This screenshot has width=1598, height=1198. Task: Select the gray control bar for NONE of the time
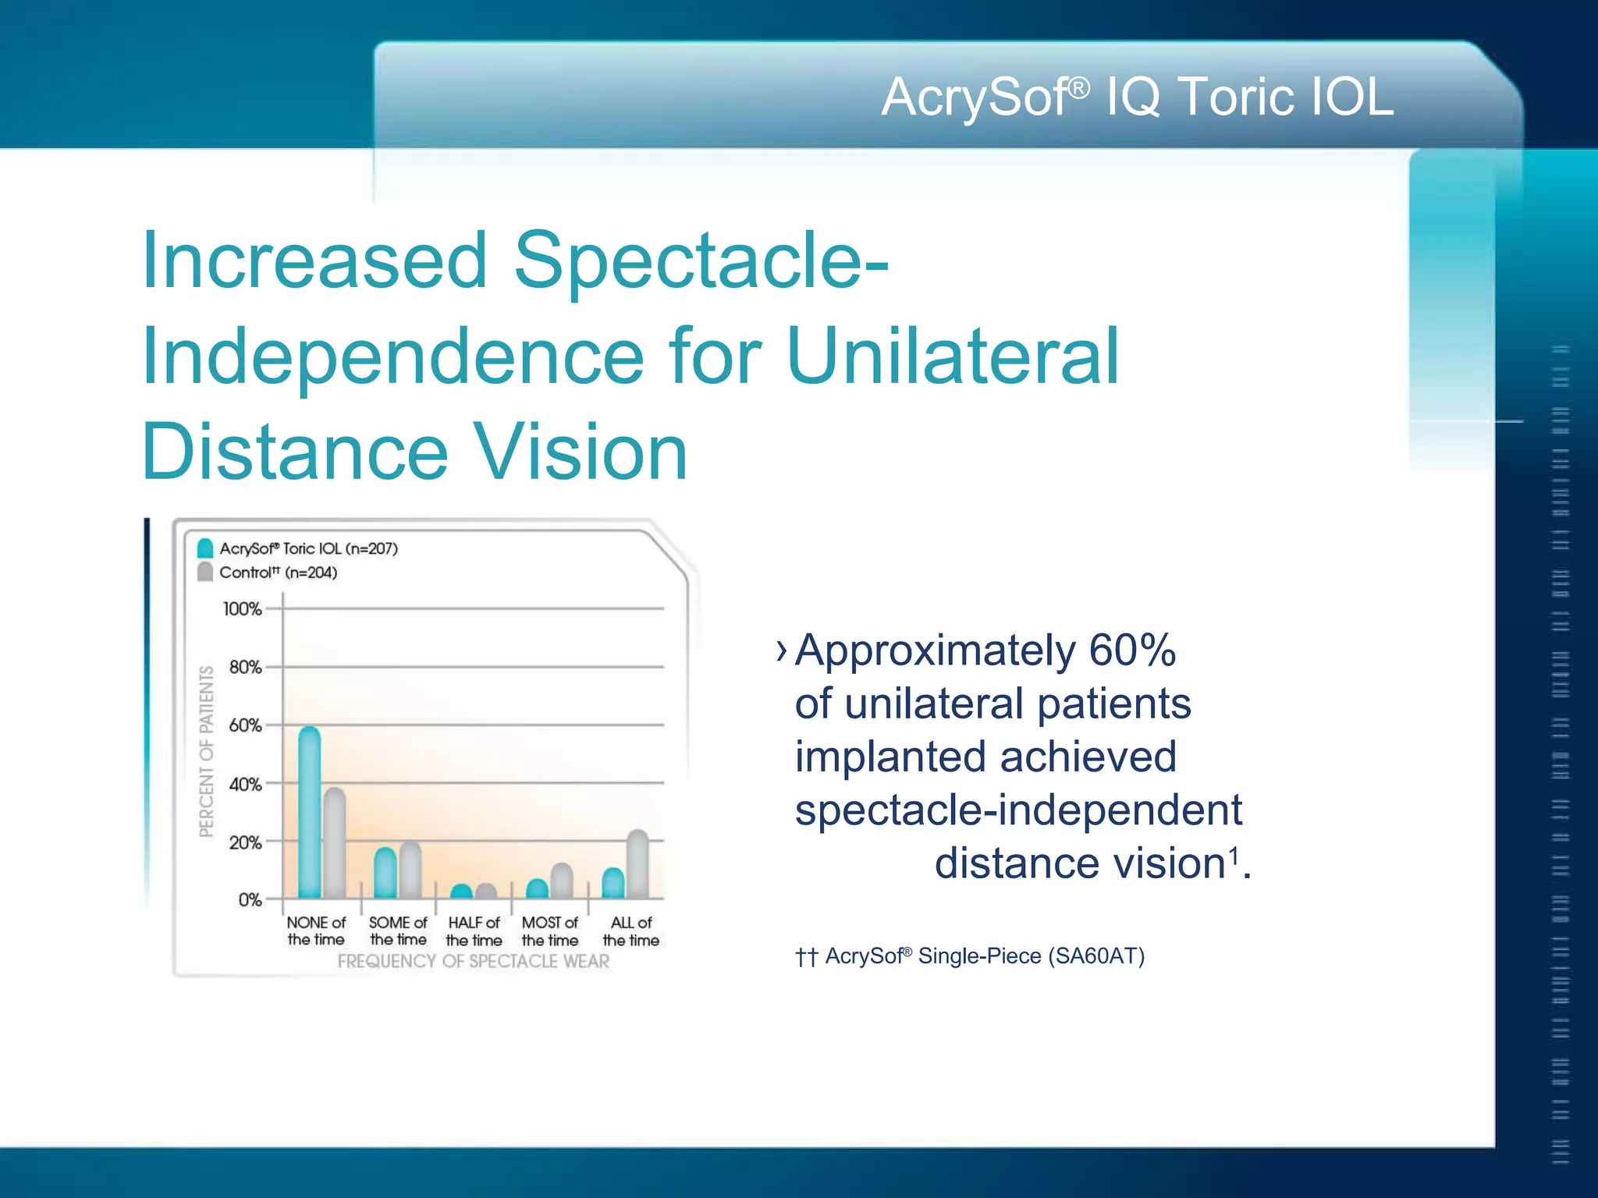coord(335,844)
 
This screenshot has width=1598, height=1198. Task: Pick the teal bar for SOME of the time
coord(385,874)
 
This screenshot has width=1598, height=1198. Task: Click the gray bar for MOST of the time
coord(562,881)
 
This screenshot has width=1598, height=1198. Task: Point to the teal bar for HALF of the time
coord(462,891)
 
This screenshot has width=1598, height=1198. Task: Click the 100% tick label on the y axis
coord(242,609)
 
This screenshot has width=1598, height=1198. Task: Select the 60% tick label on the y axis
coord(245,726)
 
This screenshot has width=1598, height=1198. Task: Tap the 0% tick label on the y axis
coord(250,900)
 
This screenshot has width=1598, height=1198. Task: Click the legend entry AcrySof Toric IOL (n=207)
coord(307,549)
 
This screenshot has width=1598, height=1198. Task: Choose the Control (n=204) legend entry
coord(278,572)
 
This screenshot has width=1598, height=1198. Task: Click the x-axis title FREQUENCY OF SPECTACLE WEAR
coord(474,961)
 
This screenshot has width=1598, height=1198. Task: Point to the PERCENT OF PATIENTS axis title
coord(206,751)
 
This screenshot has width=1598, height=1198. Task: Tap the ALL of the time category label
coord(630,931)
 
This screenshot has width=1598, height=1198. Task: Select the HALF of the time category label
coord(474,931)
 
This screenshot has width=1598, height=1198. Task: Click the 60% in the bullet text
coord(1131,650)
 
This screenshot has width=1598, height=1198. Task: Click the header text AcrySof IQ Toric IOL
coord(1137,97)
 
